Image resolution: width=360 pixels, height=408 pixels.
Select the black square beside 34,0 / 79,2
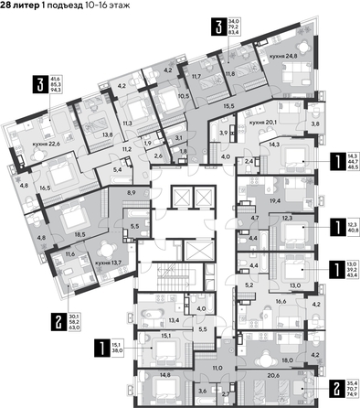click(193, 27)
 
